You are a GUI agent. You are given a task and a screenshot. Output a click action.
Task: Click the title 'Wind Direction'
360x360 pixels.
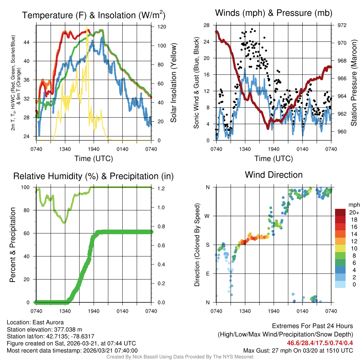274,175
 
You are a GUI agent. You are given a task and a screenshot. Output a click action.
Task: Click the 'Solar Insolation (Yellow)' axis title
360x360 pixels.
173,83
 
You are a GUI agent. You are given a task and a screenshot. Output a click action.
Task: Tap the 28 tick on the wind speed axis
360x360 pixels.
207,25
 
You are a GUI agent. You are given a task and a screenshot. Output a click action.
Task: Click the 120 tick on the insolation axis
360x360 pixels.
161,27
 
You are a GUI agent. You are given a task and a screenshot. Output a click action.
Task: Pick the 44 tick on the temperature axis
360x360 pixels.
30,42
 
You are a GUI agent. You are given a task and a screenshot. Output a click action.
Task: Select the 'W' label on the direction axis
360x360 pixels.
208,216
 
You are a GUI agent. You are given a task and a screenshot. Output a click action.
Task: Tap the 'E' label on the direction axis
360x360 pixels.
208,274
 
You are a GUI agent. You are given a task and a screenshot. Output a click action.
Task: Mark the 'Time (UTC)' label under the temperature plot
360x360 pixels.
94,159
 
